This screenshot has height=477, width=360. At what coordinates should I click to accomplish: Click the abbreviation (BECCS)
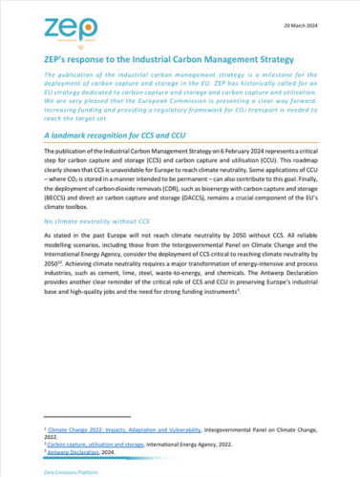[58, 203]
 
